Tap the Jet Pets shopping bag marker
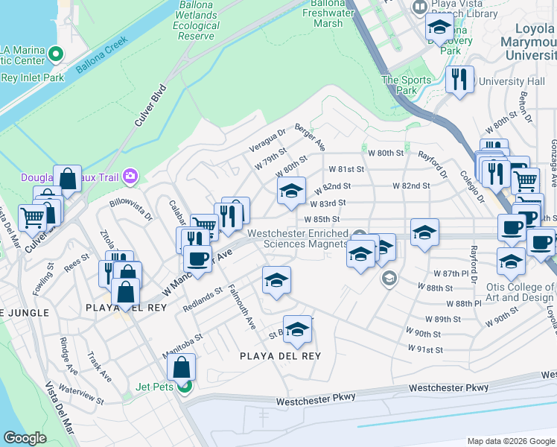(182, 367)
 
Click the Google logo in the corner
(25, 437)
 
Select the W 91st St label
(425, 349)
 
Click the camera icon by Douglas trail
(131, 176)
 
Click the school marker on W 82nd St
(291, 190)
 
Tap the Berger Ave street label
(310, 137)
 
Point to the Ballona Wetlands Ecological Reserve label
(196, 20)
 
